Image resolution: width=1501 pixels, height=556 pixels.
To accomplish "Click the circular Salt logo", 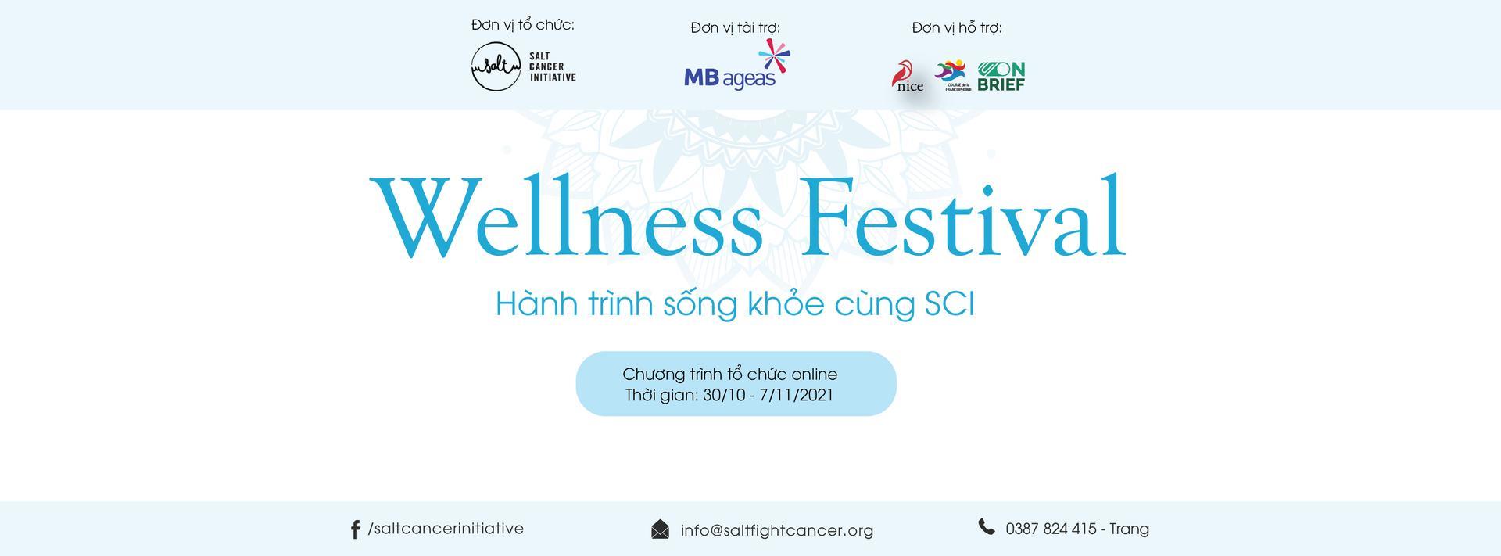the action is coord(496,66).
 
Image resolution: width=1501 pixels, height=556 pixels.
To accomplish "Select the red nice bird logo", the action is coord(908,77).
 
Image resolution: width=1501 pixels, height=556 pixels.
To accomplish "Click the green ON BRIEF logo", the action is coord(1001,77).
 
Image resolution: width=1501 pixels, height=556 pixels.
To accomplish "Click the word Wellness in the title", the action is coord(567,217).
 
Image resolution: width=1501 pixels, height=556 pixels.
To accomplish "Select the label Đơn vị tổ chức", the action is coord(523,25).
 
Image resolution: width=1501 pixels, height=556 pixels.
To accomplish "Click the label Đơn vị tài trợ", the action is coord(736,28).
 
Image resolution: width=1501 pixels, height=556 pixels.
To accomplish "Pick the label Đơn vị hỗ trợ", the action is coord(957,28).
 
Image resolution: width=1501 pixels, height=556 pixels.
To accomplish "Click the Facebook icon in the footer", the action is coord(355,529).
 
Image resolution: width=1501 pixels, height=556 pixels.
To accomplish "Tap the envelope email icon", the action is coord(661,529).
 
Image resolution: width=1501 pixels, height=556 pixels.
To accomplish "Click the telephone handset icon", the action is coord(987,526).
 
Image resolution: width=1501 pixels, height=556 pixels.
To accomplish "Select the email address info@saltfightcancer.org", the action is coord(777,530).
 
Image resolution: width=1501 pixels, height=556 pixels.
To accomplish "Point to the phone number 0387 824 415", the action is coord(1051,529).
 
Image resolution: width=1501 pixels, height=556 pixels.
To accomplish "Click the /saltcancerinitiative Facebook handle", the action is coord(446,529).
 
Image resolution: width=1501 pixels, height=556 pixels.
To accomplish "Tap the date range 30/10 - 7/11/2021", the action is coord(768,395).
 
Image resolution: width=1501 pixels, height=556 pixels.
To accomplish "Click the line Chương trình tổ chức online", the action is coord(730,374).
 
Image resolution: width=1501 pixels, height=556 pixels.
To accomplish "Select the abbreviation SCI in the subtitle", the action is coord(950,304).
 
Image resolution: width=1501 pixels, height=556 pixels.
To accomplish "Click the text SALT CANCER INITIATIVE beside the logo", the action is coord(553,66).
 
